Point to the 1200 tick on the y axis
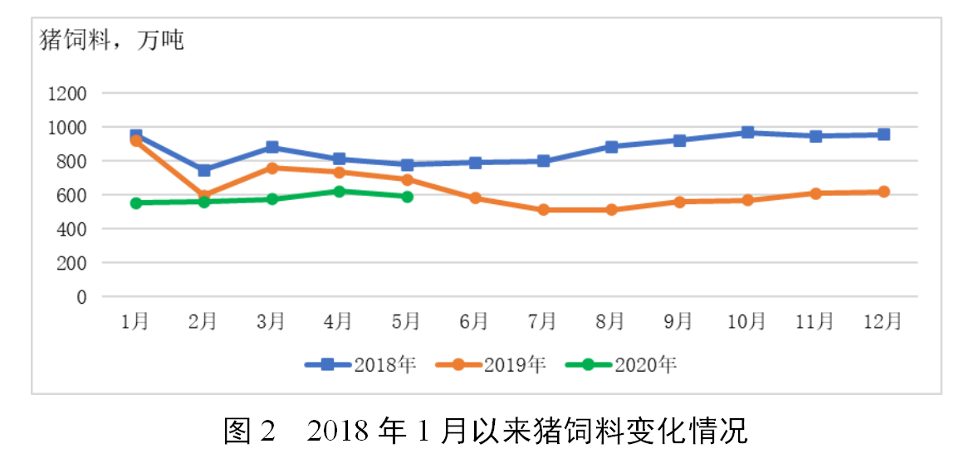[x=67, y=94]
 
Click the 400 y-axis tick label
[x=72, y=229]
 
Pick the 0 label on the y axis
[x=81, y=297]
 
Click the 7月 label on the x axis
[x=543, y=321]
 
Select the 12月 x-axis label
[x=883, y=321]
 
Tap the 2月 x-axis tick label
[x=203, y=321]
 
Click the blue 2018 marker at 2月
[x=203, y=170]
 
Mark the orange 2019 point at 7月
[x=543, y=210]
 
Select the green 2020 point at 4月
[x=340, y=192]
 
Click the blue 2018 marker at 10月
[x=747, y=132]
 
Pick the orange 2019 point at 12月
[x=883, y=192]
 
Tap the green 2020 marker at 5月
[x=407, y=197]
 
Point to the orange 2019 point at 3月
[x=272, y=168]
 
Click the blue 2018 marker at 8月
[x=611, y=147]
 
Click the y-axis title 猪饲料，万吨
[x=112, y=40]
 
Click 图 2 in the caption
[x=248, y=431]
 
